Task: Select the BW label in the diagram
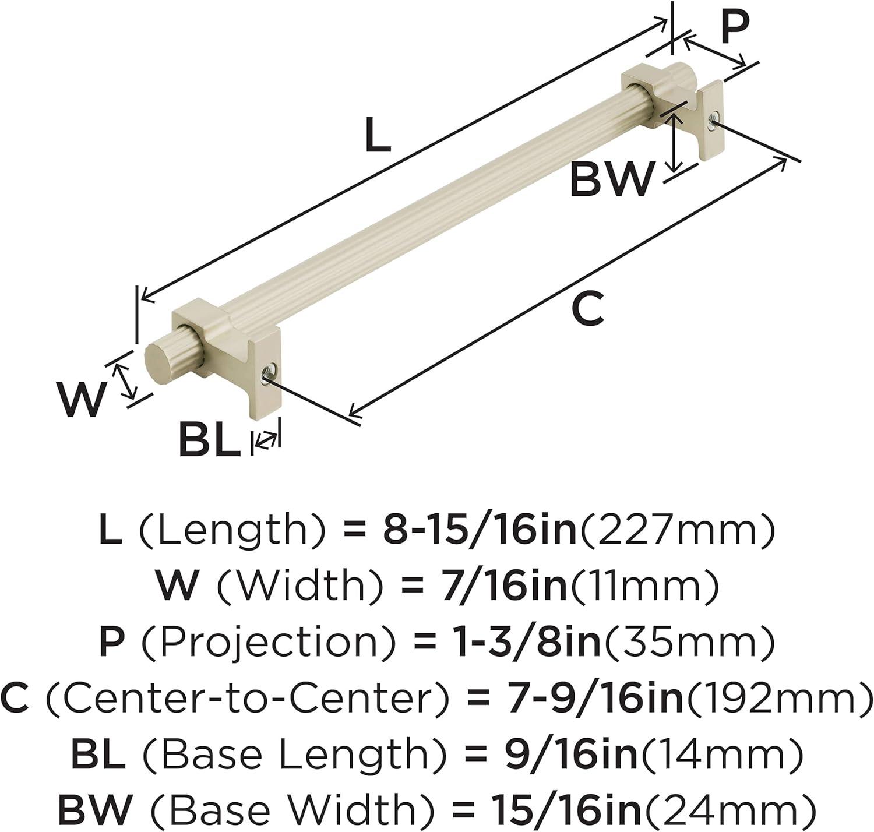coord(612,179)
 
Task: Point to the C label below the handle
coord(588,308)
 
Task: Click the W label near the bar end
coord(82,399)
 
